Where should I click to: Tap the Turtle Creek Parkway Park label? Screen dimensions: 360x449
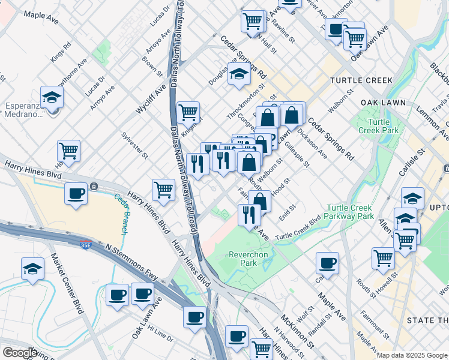click(350, 212)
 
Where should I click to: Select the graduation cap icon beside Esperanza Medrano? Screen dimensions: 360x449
click(52, 98)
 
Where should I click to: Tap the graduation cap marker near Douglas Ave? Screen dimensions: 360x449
click(239, 75)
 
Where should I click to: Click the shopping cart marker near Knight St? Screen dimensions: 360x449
click(188, 112)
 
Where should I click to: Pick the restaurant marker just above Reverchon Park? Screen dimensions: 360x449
click(249, 214)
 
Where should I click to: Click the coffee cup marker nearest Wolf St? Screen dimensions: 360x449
click(327, 262)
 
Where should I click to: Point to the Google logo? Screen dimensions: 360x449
click(19, 353)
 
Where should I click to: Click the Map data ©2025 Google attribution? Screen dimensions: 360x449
click(411, 355)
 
